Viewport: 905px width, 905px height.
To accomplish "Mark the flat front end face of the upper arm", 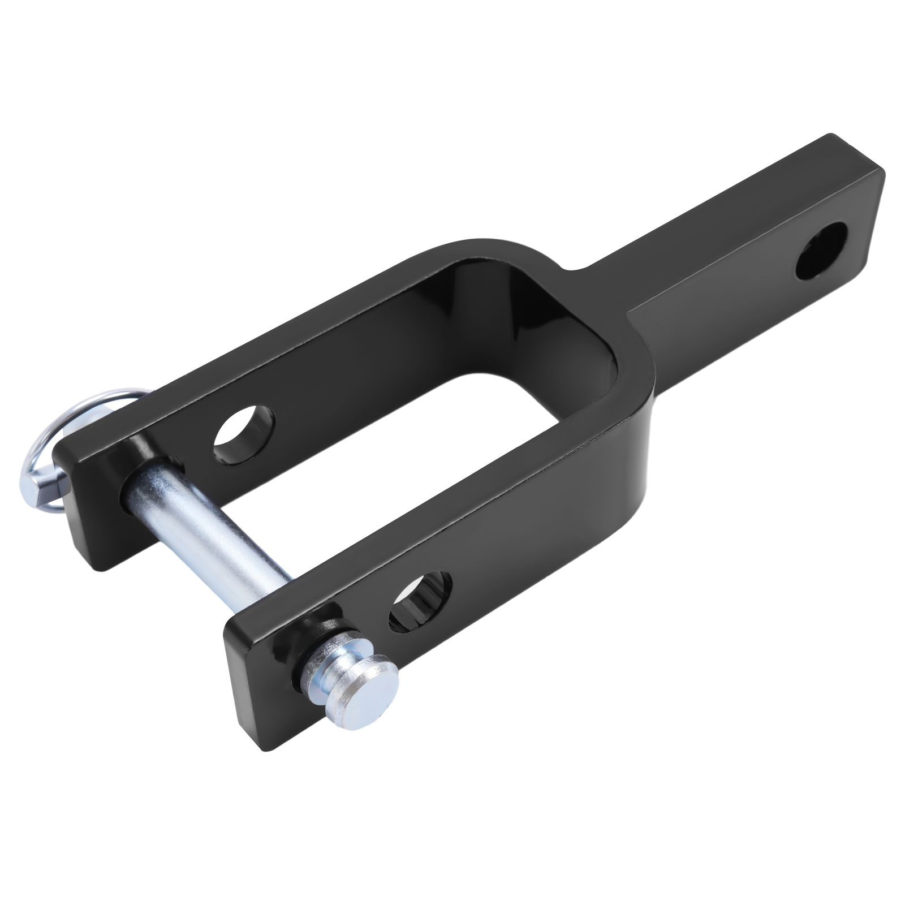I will coord(85,498).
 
